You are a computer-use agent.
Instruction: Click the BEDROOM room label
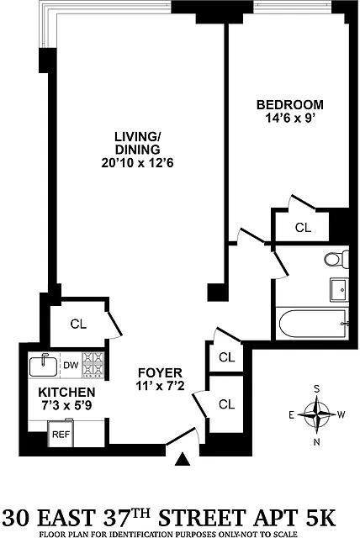coord(290,104)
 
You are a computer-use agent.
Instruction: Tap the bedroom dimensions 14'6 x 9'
coord(290,119)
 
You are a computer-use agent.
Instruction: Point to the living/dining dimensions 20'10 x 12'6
coord(137,162)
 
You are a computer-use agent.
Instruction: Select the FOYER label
coord(160,372)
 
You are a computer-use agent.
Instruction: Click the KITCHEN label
coord(66,392)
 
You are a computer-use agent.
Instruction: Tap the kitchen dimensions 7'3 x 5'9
coord(66,405)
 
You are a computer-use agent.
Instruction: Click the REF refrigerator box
coord(61,434)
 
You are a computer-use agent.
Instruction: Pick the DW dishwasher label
coord(71,365)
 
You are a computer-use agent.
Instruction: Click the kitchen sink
coord(43,366)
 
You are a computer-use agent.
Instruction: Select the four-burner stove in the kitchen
coord(93,366)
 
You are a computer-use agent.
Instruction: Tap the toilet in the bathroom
coord(336,259)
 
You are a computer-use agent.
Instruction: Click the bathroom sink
coord(340,290)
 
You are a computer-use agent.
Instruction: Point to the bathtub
coord(312,324)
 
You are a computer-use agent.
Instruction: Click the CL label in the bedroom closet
coord(303,227)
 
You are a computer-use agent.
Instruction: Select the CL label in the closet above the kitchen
coord(78,324)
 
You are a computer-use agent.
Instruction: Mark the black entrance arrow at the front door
coord(183,459)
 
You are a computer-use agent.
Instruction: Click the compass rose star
coord(317,415)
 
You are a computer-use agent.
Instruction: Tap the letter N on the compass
coord(317,442)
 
